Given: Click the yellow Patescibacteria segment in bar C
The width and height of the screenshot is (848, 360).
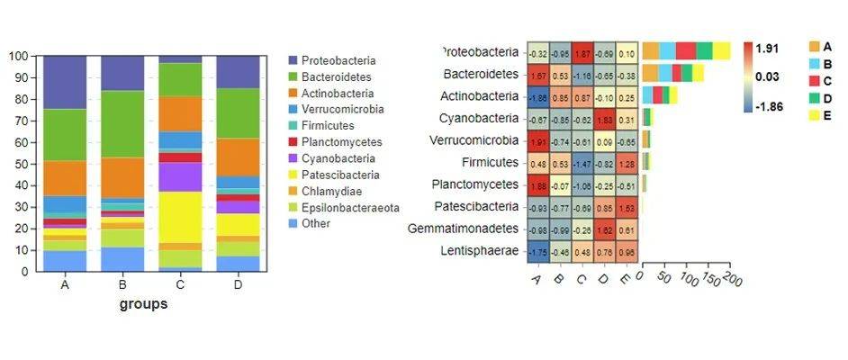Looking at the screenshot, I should tap(181, 217).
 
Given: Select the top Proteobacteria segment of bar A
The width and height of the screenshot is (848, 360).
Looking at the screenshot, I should tap(65, 82).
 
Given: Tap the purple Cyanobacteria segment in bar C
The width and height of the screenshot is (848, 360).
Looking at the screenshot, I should tap(181, 176).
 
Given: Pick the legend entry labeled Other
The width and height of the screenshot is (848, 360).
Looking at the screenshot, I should tap(316, 223).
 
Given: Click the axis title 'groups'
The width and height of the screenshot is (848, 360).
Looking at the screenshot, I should tap(143, 304).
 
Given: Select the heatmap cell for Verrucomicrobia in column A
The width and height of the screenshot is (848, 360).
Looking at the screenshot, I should tap(538, 140).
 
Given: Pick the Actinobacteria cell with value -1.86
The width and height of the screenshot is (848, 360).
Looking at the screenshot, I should tap(538, 96).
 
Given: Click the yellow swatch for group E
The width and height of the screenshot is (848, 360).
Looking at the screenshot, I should tap(815, 115).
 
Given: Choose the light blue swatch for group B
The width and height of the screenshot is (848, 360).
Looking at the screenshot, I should tap(815, 64).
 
